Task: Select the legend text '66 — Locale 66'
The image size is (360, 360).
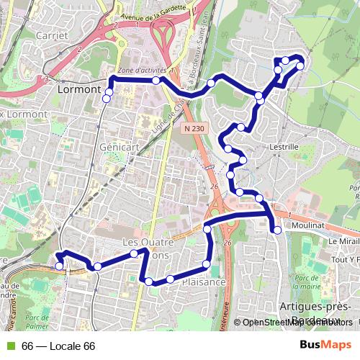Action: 58,346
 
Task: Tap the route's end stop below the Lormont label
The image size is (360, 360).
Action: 107,98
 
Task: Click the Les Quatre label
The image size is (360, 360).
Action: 146,241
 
